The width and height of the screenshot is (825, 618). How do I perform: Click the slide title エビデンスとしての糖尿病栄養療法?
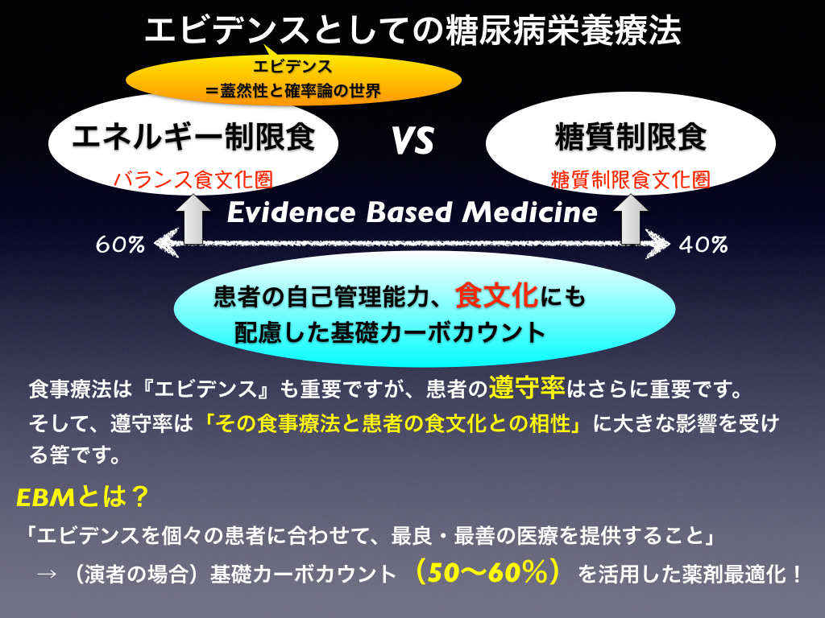(x=413, y=30)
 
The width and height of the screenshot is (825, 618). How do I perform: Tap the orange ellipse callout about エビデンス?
(x=293, y=80)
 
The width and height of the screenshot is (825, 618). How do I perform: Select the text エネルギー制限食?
(x=193, y=137)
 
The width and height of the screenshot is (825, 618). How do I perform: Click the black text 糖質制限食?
(x=630, y=137)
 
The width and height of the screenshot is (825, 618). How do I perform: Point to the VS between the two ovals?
(x=412, y=141)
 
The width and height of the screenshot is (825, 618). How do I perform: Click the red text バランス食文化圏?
(x=193, y=179)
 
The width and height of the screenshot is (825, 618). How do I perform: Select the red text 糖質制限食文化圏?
(x=630, y=179)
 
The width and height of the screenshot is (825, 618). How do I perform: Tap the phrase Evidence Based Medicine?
(x=412, y=212)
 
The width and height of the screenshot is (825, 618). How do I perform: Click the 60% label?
(x=120, y=245)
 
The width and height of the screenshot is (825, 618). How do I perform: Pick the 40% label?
(x=703, y=245)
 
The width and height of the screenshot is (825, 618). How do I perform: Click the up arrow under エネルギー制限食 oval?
(x=193, y=219)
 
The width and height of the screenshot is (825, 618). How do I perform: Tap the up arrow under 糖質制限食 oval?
(x=630, y=219)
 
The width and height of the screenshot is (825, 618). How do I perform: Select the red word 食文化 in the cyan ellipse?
(x=496, y=295)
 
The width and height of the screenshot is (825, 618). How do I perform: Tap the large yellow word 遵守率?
(x=527, y=388)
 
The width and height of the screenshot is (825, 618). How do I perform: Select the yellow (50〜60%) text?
(x=487, y=572)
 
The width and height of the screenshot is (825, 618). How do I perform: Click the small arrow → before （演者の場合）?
(x=46, y=574)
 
